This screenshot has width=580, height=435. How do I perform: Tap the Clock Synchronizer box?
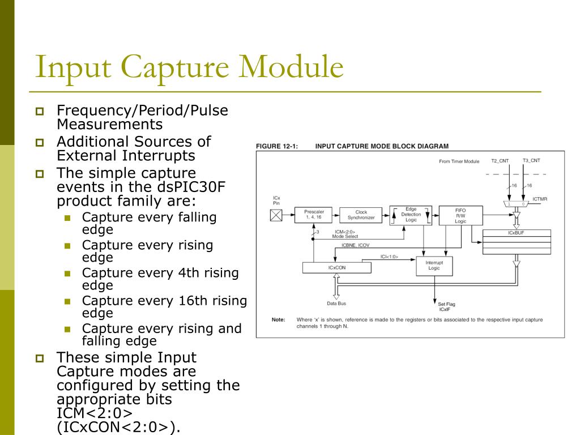pos(361,215)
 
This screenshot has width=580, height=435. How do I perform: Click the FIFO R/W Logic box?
pos(460,215)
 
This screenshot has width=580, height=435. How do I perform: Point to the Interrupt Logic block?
pos(434,265)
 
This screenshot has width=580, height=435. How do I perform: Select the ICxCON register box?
pos(337,267)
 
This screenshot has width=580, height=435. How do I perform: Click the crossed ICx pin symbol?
pos(277,215)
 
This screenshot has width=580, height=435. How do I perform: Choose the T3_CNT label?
pos(531,161)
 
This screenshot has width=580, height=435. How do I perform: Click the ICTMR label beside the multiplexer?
pos(540,199)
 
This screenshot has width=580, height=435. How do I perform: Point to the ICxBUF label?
pos(515,233)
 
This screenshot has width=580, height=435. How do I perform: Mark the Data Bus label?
pos(336,304)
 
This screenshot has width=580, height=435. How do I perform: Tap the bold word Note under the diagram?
pos(278,319)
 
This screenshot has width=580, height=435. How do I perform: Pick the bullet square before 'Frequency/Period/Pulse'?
pos(40,112)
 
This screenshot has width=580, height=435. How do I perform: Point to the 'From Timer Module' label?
pos(459,161)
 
